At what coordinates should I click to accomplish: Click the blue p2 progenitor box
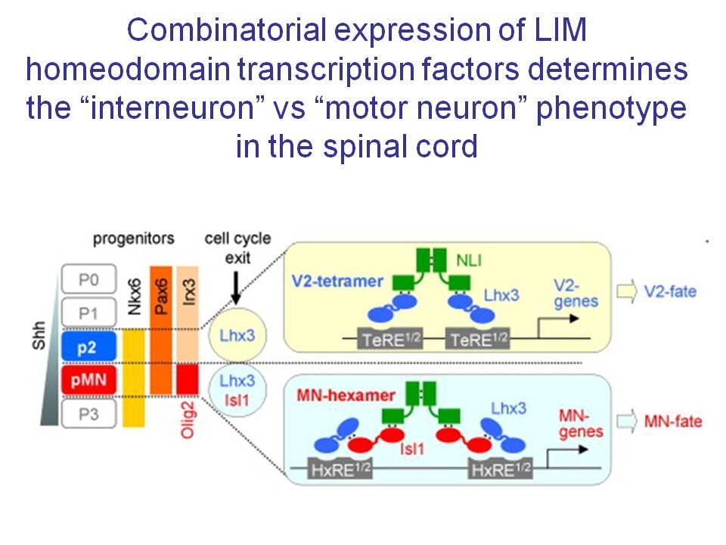[88, 346]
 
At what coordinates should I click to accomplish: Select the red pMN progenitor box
[88, 379]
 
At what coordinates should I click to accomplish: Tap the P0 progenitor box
[88, 279]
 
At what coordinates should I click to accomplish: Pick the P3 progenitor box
[88, 413]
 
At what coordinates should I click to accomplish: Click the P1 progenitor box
[88, 313]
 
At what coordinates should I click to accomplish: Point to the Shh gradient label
[39, 335]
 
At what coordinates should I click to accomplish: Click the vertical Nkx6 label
[135, 296]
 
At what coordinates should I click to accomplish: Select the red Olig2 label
[188, 419]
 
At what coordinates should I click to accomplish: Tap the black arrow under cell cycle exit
[236, 288]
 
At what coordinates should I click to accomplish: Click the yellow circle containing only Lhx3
[237, 335]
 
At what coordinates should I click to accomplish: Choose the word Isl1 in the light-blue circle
[237, 400]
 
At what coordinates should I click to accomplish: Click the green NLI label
[469, 260]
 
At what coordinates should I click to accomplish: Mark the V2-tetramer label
[337, 281]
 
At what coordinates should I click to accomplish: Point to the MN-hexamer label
[346, 395]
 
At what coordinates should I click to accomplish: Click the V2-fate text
[670, 291]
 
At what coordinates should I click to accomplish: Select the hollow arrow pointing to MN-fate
[627, 422]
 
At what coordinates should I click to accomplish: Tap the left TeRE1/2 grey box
[390, 339]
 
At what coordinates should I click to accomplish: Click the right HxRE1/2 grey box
[500, 469]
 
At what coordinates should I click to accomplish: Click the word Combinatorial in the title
[227, 30]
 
